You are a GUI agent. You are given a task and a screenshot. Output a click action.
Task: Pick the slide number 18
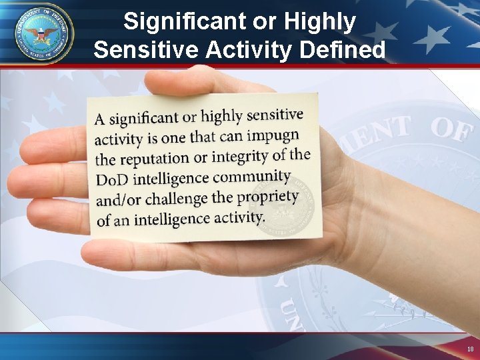click(471, 349)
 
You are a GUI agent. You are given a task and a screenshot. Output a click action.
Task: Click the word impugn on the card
click(272, 135)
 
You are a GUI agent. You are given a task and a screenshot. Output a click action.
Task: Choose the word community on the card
click(253, 177)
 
